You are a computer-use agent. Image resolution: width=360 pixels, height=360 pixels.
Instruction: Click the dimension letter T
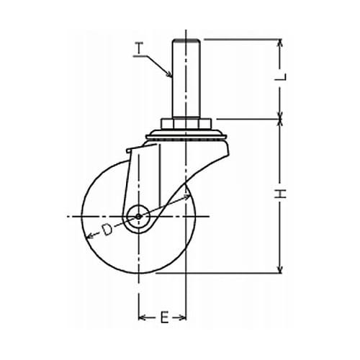(x=139, y=48)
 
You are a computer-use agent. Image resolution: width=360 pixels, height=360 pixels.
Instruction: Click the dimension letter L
(x=281, y=77)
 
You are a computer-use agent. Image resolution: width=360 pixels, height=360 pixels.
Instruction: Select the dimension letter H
(x=281, y=194)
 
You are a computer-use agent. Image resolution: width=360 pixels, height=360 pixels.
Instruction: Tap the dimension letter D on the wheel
(x=107, y=230)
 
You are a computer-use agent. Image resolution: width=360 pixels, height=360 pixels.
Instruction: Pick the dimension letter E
(x=164, y=318)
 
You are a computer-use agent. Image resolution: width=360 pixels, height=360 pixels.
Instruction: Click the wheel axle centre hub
(x=138, y=217)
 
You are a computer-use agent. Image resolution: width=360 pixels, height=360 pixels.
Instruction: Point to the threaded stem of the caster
(x=186, y=78)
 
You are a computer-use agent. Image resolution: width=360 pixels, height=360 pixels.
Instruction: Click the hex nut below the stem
(x=186, y=124)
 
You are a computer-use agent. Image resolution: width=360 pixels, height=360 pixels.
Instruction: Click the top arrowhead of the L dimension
(x=280, y=42)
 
